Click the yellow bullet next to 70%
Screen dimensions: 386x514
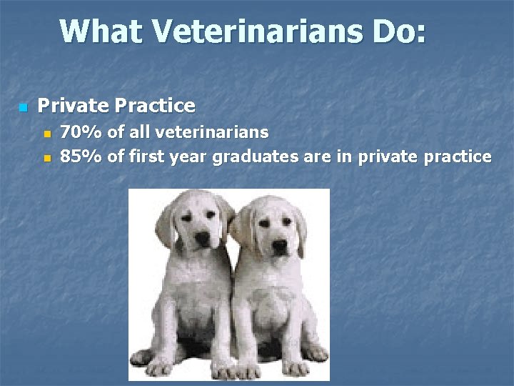coord(47,133)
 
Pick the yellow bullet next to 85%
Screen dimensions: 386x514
coord(47,157)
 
